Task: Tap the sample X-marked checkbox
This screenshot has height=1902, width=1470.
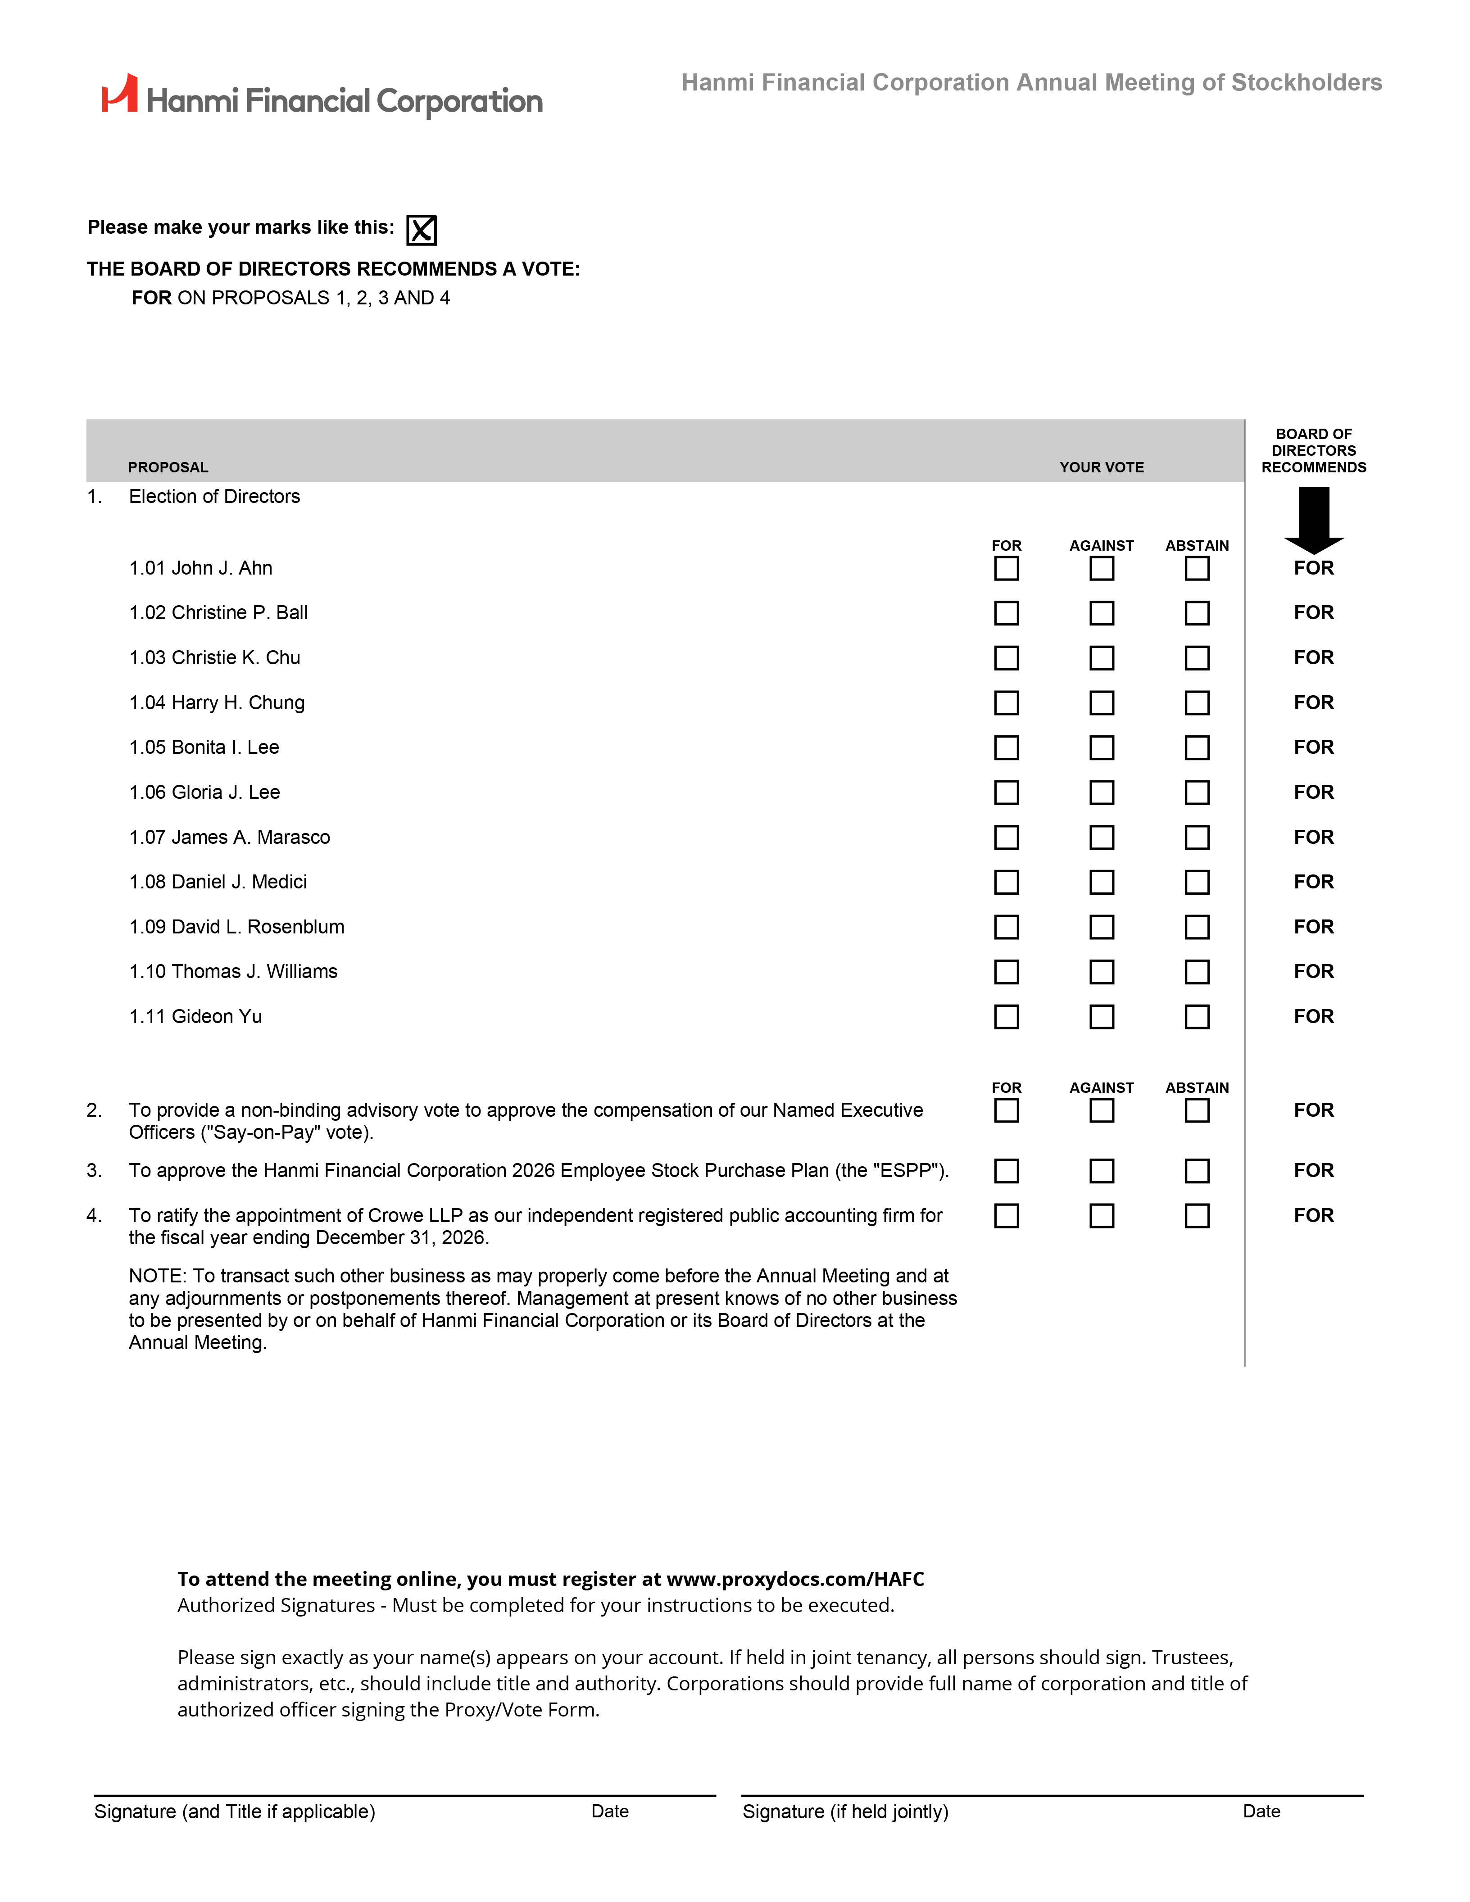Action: point(422,230)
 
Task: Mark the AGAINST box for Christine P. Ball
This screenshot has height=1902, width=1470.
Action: point(1102,613)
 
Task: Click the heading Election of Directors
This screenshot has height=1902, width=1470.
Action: point(214,496)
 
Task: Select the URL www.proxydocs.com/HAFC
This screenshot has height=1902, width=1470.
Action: point(794,1579)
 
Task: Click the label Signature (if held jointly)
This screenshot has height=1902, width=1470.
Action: point(845,1811)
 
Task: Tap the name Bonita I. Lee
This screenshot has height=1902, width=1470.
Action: point(226,747)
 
